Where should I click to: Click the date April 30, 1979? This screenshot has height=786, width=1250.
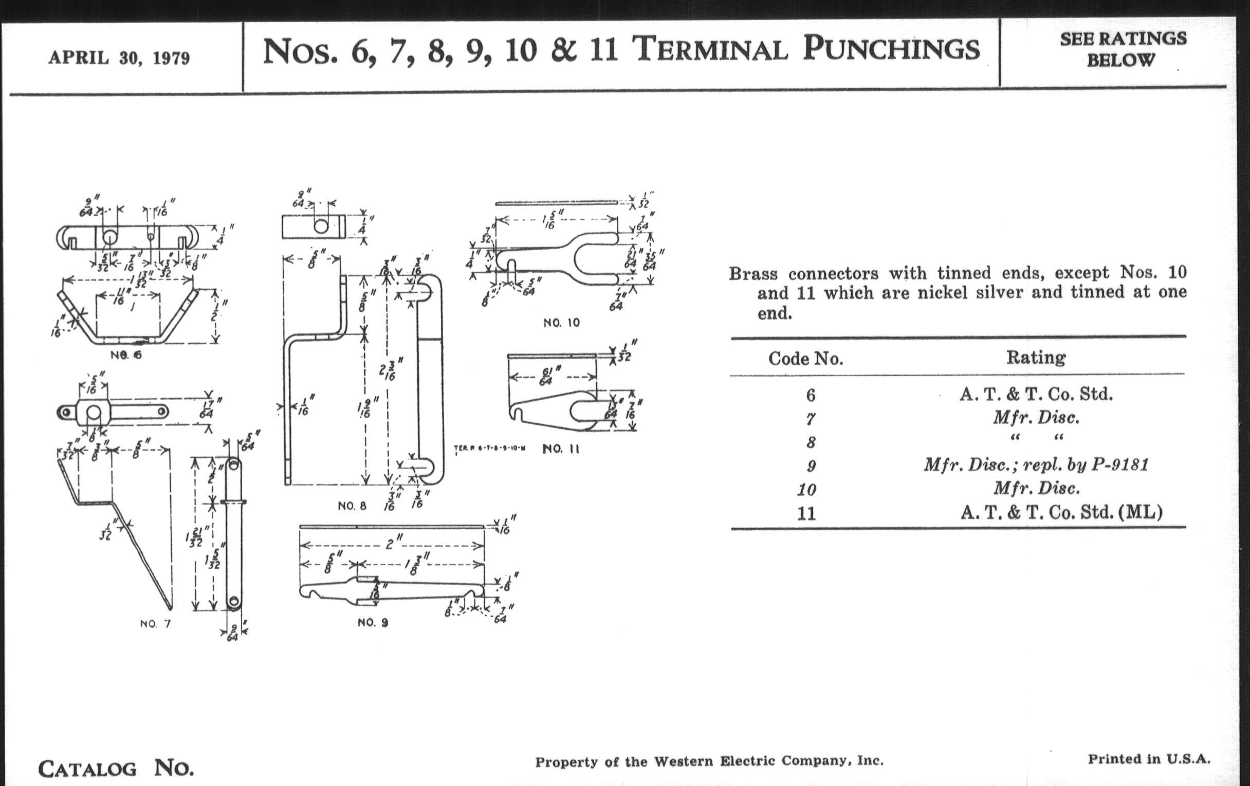119,58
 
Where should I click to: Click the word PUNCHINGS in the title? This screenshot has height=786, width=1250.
891,49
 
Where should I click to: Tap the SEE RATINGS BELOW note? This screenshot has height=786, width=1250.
1123,49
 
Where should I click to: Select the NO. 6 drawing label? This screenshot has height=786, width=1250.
125,355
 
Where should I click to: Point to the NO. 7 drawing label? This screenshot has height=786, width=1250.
155,624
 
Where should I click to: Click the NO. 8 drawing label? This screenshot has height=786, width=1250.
352,506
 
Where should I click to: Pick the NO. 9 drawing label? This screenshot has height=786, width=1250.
372,623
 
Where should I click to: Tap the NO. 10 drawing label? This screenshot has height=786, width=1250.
561,323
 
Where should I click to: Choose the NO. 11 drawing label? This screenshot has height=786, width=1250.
561,449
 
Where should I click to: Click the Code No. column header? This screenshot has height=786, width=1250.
805,359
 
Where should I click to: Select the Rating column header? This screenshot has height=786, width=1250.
1036,358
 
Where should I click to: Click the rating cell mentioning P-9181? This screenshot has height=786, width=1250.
1036,464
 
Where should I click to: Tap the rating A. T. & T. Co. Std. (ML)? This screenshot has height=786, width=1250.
1061,513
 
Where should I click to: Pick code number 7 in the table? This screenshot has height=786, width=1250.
811,419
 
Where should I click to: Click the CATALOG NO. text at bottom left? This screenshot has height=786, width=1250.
116,769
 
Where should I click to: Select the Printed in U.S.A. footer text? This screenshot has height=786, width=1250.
1149,759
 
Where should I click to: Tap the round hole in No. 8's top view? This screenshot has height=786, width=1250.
321,226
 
